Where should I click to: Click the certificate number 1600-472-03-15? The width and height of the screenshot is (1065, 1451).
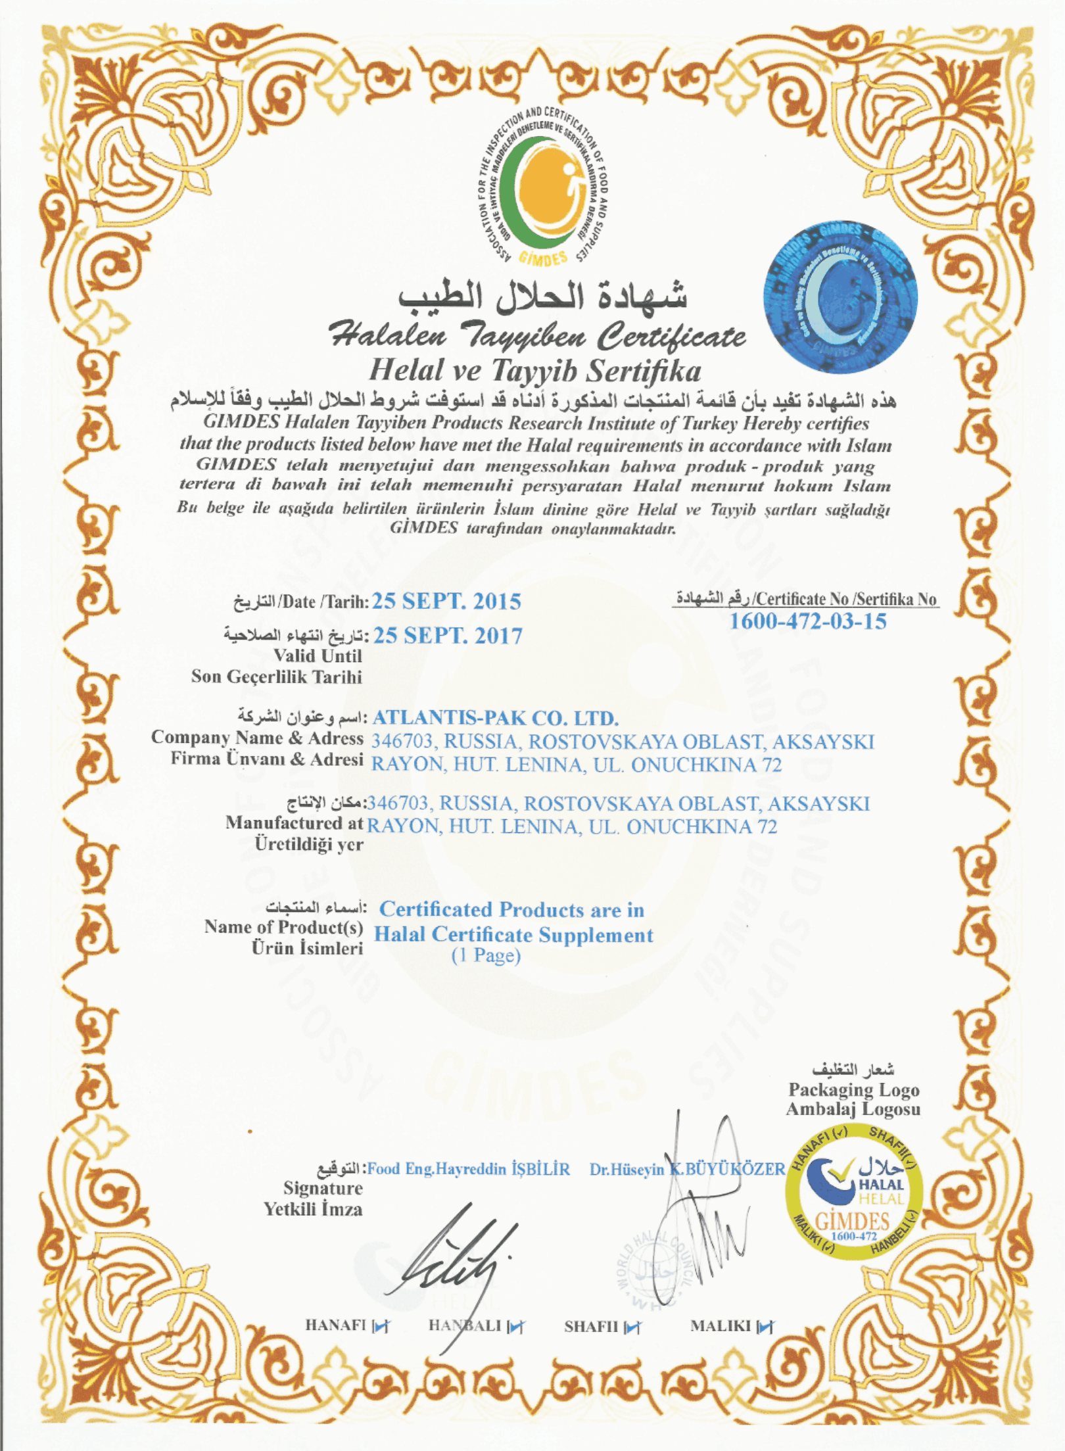click(x=807, y=621)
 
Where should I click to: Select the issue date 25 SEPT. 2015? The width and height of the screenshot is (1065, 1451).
click(x=446, y=601)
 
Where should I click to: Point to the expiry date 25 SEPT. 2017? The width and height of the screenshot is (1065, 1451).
click(x=448, y=636)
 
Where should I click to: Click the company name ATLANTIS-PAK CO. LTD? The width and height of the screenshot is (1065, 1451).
click(x=495, y=717)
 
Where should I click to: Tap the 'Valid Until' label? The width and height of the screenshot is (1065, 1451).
click(x=318, y=655)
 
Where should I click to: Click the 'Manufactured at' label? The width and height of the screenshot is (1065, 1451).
click(x=295, y=822)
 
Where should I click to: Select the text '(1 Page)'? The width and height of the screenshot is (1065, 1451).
click(x=486, y=955)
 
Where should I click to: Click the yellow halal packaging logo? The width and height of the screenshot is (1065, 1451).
click(x=854, y=1191)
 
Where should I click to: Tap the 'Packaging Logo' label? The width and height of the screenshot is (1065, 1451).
click(x=853, y=1089)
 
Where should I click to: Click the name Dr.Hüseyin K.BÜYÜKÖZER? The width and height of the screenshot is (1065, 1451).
click(x=687, y=1169)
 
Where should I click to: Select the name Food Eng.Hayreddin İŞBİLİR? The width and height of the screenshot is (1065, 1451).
click(x=468, y=1169)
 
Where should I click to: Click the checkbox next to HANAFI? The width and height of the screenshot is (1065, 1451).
click(x=381, y=1327)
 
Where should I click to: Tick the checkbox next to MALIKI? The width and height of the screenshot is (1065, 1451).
click(x=765, y=1327)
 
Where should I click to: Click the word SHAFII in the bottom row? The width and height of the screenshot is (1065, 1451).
click(x=590, y=1327)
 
